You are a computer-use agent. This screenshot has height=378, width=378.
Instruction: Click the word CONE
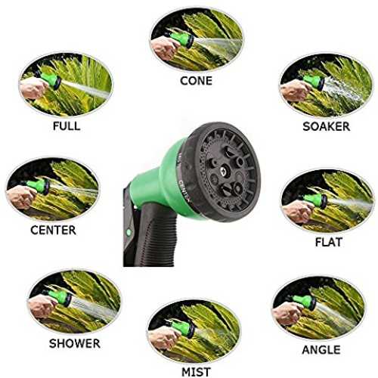point(196,81)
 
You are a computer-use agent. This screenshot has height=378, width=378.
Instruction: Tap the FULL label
point(67,125)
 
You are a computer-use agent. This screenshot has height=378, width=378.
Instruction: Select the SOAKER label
point(327,126)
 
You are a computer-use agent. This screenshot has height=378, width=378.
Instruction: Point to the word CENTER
point(53,230)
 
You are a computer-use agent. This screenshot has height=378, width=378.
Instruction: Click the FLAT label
point(329,242)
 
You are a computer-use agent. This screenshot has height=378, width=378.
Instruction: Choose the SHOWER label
point(75,343)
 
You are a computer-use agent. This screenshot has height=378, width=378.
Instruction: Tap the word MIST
point(196,372)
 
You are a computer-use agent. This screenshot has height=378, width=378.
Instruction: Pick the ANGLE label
point(321,350)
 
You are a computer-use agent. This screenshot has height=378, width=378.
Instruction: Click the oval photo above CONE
point(197,40)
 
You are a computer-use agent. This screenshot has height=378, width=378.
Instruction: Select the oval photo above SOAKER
point(327,86)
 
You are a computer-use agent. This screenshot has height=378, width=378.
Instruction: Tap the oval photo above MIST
point(194,332)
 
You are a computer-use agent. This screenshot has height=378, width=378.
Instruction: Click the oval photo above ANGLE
point(319,308)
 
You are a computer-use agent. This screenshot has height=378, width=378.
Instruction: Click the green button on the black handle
point(129,231)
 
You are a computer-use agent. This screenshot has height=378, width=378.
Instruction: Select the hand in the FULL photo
point(33,88)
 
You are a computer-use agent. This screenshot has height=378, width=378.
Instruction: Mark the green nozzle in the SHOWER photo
point(59,297)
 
